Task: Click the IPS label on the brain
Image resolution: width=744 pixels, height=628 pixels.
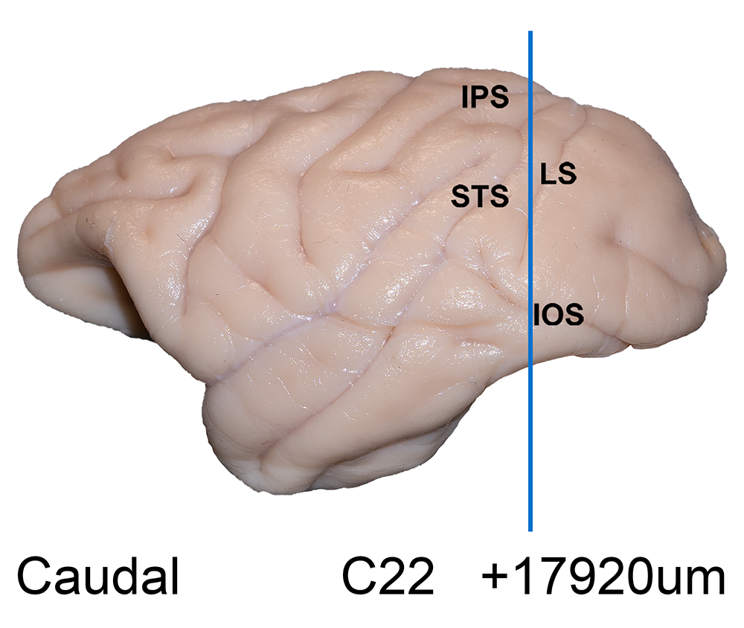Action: click(485, 97)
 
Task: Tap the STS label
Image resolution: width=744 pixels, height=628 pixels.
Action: click(480, 196)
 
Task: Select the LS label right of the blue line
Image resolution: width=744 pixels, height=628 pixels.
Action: click(559, 173)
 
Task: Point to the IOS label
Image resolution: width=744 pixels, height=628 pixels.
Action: click(559, 314)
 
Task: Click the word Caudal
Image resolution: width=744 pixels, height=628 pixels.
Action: click(97, 576)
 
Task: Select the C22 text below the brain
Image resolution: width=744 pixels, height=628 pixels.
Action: click(388, 576)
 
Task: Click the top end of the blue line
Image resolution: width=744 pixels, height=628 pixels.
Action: click(530, 31)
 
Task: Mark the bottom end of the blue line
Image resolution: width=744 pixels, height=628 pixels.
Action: click(530, 531)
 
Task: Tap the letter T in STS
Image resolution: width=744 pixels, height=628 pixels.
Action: click(480, 196)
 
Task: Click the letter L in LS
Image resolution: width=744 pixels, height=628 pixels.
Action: click(548, 173)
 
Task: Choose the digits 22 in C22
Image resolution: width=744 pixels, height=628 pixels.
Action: click(407, 576)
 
